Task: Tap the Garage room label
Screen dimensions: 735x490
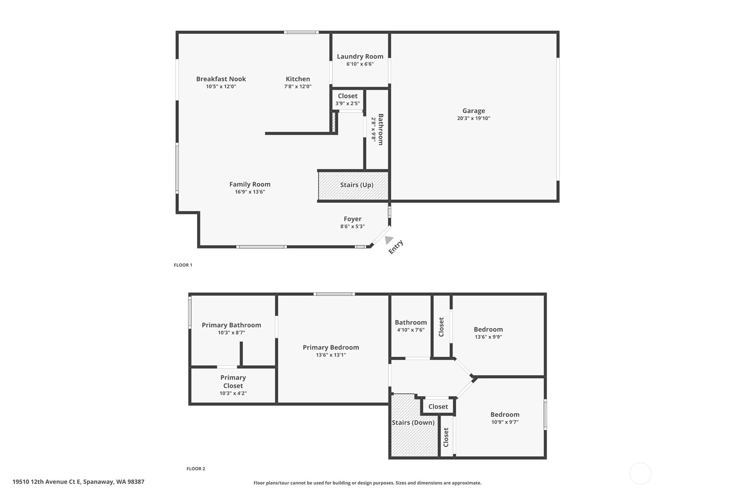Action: coord(473,111)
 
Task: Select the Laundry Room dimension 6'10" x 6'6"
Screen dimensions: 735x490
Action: coord(360,64)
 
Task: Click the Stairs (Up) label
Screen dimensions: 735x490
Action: coord(356,185)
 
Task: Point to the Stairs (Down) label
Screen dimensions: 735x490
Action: coord(413,422)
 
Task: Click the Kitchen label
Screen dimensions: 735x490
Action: coord(298,79)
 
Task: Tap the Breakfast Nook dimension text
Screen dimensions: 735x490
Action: coord(221,87)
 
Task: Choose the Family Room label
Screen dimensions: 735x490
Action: coord(250,185)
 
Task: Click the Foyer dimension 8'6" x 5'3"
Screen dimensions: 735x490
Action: coord(353,227)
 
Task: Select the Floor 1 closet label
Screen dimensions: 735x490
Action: coord(347,96)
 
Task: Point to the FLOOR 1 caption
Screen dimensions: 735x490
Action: coord(183,265)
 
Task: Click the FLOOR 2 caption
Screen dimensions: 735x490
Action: coord(196,469)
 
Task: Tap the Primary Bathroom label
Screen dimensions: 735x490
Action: coord(231,325)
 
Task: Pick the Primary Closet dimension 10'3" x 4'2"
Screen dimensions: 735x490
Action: coord(233,393)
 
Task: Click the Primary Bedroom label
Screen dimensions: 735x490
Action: coord(331,347)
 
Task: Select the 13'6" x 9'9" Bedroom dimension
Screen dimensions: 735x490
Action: coord(488,337)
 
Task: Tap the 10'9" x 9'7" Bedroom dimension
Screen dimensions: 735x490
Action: coord(505,422)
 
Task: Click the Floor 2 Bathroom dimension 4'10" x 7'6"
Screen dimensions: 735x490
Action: coord(411,330)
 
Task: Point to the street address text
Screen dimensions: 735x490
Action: coord(78,482)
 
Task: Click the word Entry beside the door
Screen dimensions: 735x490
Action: coord(396,247)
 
